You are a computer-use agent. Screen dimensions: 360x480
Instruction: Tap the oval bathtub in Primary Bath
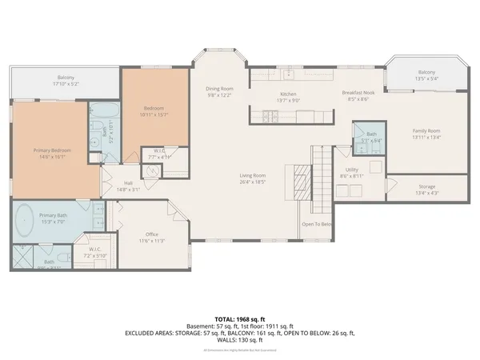coord(25,218)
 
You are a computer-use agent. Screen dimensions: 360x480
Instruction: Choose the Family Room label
coord(426,130)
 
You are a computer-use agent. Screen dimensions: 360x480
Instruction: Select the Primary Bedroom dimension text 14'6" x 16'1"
coord(48,156)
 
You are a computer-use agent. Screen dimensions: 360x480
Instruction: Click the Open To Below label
coord(316,224)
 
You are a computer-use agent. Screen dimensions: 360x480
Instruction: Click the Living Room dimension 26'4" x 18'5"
coord(253,182)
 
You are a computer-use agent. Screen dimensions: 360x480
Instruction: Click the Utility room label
coord(352,170)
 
